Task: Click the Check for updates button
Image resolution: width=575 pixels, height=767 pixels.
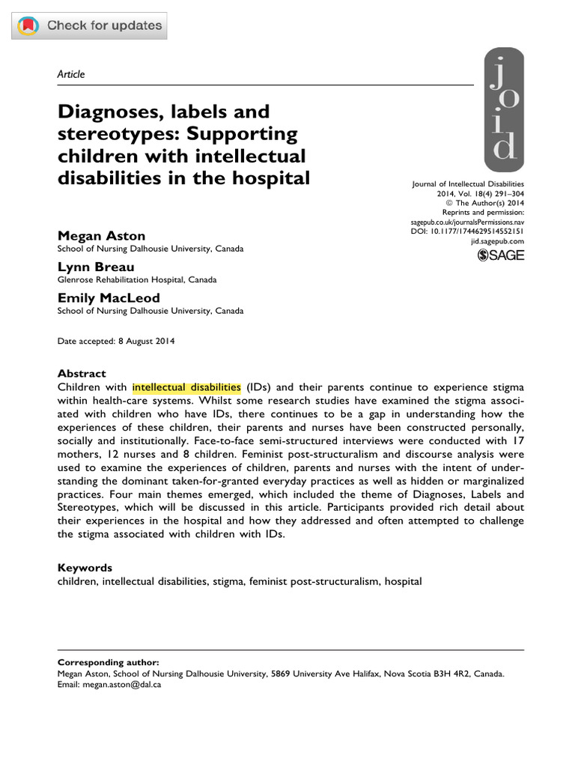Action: (90, 26)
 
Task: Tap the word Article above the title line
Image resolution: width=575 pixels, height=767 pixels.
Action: (71, 74)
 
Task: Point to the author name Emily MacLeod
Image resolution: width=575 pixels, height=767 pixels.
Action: (109, 298)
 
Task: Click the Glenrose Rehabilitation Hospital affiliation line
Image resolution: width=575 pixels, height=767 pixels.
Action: (137, 279)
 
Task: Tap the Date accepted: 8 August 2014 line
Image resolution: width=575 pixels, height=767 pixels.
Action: (116, 341)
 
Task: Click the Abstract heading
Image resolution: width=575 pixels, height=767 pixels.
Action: (82, 373)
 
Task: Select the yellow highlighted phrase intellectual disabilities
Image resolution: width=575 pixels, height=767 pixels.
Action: (186, 386)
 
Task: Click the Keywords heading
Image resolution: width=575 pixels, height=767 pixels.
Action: (85, 568)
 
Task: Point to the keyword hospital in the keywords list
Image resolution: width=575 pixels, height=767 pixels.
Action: (404, 581)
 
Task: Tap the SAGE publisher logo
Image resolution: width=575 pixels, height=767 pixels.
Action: (501, 255)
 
